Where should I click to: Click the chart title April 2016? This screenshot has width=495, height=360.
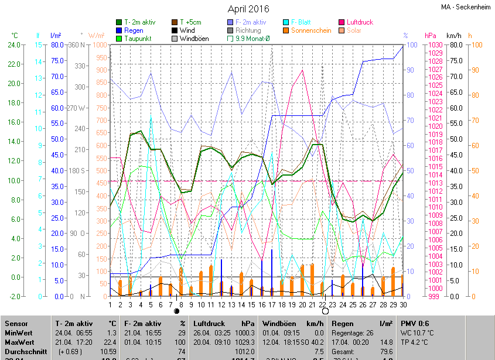(x=248, y=9)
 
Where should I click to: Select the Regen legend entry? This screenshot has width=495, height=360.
(x=134, y=30)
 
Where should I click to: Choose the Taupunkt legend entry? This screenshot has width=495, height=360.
(x=138, y=39)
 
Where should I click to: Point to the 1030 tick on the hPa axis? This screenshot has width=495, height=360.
(x=435, y=45)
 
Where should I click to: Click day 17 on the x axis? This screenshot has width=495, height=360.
(x=272, y=304)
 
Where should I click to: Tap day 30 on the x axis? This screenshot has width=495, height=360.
(x=403, y=304)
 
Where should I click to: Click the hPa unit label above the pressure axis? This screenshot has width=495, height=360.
(x=431, y=36)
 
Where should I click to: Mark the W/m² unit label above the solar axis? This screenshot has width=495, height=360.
(x=97, y=36)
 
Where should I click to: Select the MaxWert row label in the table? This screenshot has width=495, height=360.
(x=20, y=342)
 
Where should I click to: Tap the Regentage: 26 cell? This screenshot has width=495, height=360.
(x=353, y=332)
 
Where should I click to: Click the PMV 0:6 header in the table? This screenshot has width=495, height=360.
(x=415, y=323)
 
